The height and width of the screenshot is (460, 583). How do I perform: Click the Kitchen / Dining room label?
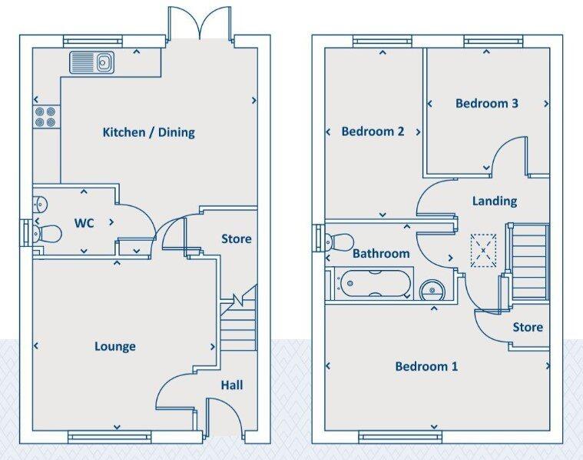pos(149,132)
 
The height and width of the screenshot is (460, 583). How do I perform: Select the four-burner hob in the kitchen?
pos(46,117)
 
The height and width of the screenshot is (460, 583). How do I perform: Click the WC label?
pos(84,223)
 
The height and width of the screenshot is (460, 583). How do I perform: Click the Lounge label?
pos(115,346)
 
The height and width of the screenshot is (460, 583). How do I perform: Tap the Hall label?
pos(232,385)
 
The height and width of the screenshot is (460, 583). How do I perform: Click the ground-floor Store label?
pos(237,238)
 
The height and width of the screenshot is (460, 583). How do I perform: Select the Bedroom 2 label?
pos(373,131)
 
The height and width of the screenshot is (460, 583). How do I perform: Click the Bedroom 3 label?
pos(487,103)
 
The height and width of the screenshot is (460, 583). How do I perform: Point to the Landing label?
pos(495,201)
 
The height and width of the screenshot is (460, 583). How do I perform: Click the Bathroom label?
pos(381,254)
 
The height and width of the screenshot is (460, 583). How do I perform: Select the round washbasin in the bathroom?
pos(432,289)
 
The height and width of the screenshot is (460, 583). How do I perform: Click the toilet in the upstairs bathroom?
pos(338,242)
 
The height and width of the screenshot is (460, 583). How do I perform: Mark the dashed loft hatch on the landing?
pos(483,250)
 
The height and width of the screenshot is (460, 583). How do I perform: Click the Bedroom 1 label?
pos(426,366)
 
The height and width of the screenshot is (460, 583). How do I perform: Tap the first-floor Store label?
pos(528,327)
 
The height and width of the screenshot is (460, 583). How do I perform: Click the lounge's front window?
pos(110,436)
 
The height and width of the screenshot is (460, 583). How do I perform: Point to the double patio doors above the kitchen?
pos(200,22)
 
